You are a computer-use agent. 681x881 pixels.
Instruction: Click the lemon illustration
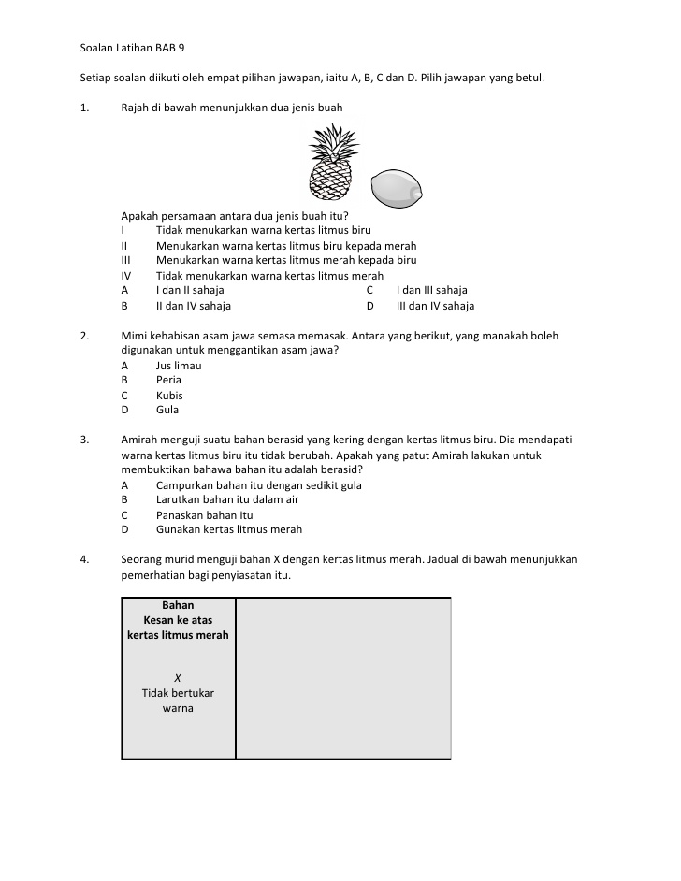[x=397, y=189]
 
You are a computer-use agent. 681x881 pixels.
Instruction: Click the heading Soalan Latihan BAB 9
[x=138, y=46]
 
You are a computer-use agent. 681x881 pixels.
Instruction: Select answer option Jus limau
[x=179, y=366]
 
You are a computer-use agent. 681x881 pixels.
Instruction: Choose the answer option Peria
[x=168, y=381]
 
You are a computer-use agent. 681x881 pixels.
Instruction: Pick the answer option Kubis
[x=169, y=396]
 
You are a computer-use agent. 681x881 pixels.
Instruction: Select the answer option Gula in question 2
[x=167, y=411]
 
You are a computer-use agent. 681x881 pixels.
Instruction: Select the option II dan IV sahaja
[x=194, y=306]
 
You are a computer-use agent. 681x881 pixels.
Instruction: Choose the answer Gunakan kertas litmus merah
[x=229, y=530]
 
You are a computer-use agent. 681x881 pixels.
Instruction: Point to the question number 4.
[x=84, y=559]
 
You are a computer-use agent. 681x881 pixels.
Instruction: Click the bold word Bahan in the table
[x=178, y=606]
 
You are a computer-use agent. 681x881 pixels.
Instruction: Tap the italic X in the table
[x=178, y=678]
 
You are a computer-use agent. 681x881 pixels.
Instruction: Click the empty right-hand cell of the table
[x=343, y=678]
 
